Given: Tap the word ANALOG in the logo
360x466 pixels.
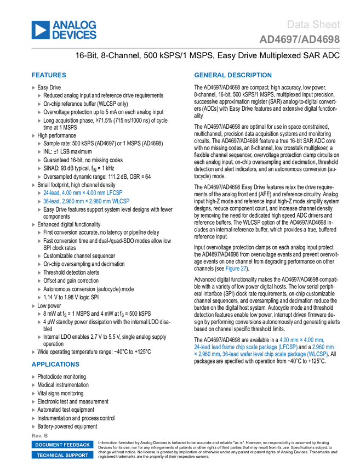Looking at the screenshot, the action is (75, 25).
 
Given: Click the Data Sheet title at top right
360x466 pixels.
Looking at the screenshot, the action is (314, 25).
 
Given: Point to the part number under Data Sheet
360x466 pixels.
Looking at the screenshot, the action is (300, 39).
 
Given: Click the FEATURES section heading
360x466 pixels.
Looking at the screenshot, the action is (49, 75).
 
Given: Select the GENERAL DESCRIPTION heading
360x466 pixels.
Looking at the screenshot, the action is (232, 75).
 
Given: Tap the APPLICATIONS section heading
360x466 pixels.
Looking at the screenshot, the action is (55, 364).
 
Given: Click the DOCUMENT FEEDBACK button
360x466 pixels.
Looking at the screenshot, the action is (62, 445).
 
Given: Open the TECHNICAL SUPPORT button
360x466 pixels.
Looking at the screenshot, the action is (62, 455).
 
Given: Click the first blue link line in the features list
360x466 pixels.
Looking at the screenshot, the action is (83, 192).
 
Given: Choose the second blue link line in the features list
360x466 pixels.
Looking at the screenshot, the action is (87, 201).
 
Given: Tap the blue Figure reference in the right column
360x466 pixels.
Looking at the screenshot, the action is (236, 268).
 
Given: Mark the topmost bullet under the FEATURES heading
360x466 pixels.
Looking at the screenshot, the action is (33, 88).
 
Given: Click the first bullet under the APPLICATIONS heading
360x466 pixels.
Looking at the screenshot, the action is (33, 377).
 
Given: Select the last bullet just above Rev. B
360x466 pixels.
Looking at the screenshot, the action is (33, 427).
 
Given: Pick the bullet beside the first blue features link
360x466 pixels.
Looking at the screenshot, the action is (39, 192).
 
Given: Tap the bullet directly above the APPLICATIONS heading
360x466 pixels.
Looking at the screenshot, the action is (33, 352).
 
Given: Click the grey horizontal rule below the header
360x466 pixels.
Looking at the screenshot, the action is (186, 48).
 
